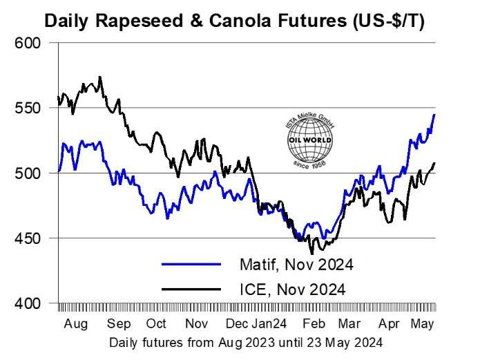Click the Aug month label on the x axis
coord(77,324)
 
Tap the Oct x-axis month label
coord(157,324)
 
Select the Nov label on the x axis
coord(197,324)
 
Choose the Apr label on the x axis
coord(390,324)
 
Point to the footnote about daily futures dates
coord(245,341)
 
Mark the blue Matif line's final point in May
coord(434,115)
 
